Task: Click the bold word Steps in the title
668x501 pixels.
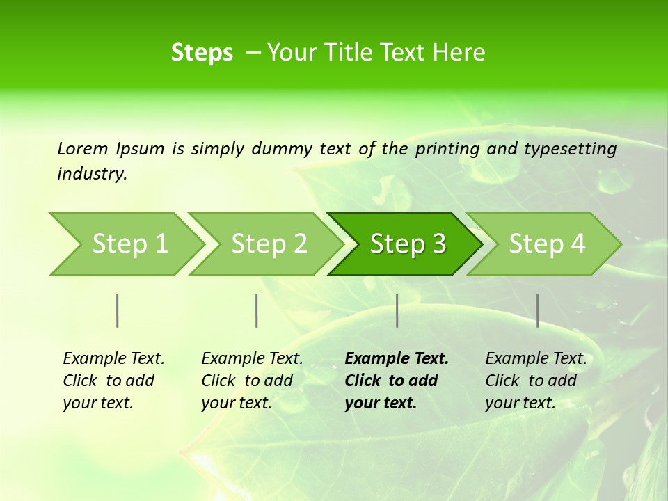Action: (202, 53)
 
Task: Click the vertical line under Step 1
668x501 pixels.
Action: (117, 310)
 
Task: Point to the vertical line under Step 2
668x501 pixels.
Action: (256, 310)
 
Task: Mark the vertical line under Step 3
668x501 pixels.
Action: (397, 310)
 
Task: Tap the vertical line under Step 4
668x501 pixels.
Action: (537, 310)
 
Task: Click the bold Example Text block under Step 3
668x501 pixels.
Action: (397, 381)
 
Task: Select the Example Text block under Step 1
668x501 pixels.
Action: (113, 381)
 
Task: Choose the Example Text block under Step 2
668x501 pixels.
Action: (252, 381)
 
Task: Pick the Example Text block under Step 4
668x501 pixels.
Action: (536, 381)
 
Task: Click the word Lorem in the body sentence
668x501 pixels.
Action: (83, 149)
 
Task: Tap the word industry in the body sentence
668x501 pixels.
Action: (91, 174)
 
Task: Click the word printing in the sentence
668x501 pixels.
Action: (447, 149)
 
